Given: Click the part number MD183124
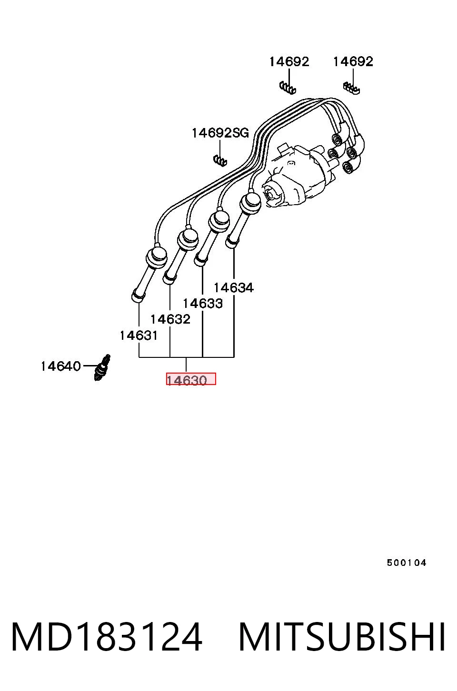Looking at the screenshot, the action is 107,637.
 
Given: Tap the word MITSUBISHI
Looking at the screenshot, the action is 342,637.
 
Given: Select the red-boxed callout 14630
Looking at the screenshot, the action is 191,379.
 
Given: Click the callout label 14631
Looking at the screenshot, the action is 139,336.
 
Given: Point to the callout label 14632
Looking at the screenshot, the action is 170,319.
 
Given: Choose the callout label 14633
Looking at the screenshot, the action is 203,304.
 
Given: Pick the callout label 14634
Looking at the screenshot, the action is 234,288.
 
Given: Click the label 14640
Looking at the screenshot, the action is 61,366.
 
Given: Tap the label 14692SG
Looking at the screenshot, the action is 220,133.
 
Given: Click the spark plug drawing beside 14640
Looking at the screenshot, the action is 102,367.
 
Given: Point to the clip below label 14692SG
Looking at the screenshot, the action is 220,159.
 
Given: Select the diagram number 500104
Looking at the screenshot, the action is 407,563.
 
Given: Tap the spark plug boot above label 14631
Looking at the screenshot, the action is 148,273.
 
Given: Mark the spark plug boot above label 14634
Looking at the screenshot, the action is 243,219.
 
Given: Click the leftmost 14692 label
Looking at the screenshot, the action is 289,62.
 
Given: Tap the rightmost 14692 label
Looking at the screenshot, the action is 353,61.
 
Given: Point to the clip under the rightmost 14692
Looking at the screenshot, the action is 352,88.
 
